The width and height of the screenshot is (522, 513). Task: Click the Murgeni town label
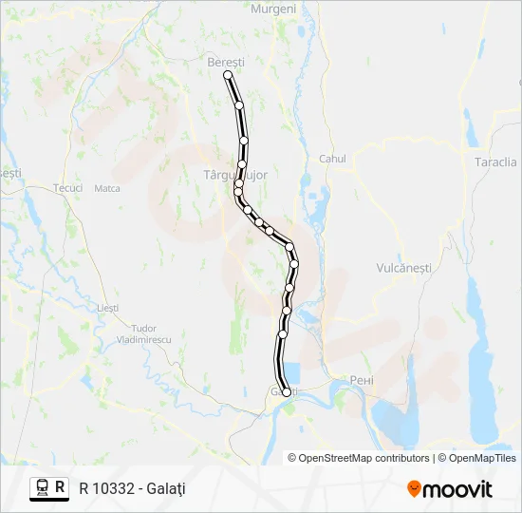273,9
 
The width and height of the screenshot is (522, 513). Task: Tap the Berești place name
226,62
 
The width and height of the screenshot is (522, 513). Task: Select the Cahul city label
333,159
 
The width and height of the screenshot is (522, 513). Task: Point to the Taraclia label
495,161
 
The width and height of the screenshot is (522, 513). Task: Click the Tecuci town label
68,188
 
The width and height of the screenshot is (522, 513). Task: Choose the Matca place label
107,188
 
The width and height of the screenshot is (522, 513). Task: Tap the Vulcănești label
403,268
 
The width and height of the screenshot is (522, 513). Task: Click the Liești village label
108,308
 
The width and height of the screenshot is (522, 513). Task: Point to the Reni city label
362,380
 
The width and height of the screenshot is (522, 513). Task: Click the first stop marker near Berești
228,75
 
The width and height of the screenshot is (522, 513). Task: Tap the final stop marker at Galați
287,392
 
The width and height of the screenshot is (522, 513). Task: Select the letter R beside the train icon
61,488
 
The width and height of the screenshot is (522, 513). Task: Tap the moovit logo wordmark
459,489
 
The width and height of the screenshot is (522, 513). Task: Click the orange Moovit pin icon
415,489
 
